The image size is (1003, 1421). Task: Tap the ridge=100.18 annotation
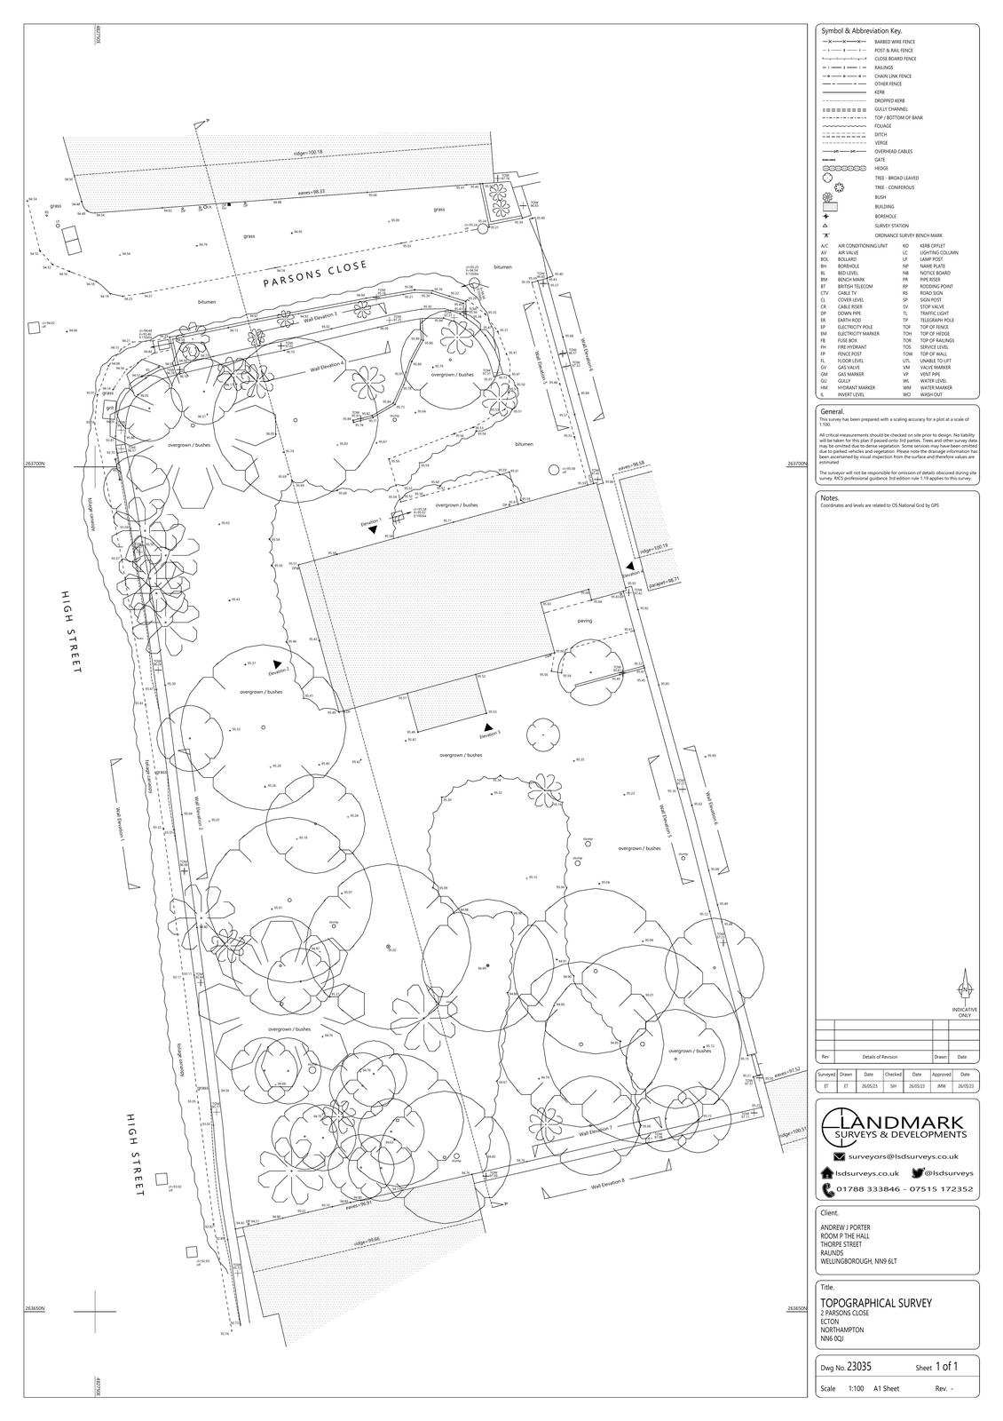coord(308,154)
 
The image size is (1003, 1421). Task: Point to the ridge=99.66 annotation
coord(368,1240)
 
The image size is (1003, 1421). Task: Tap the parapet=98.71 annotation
coord(664,582)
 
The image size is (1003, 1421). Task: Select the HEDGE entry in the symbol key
coord(881,168)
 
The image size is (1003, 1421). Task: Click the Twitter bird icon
coord(919,1173)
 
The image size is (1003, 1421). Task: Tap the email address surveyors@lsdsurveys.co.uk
coord(904,1156)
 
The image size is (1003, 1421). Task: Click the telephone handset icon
coord(828,1189)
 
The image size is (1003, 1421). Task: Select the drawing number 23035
coord(859,1368)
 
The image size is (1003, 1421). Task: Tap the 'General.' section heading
coord(833,412)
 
